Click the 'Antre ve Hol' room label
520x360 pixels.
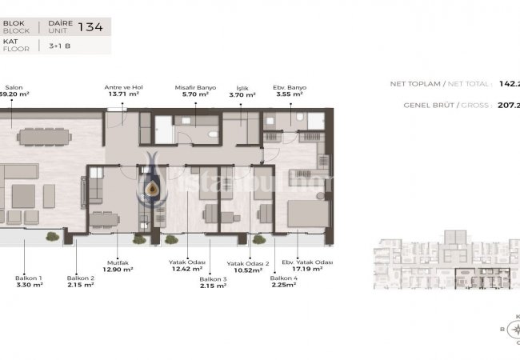pos(122,86)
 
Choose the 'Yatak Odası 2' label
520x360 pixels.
pos(247,262)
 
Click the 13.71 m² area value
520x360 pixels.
pos(122,94)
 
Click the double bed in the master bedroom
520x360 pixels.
pos(306,214)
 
